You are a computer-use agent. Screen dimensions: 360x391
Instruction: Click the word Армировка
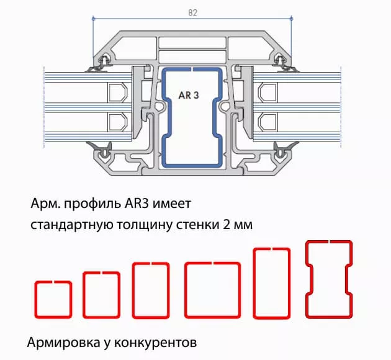[59, 342]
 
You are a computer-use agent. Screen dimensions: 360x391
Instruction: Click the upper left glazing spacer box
[117, 93]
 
